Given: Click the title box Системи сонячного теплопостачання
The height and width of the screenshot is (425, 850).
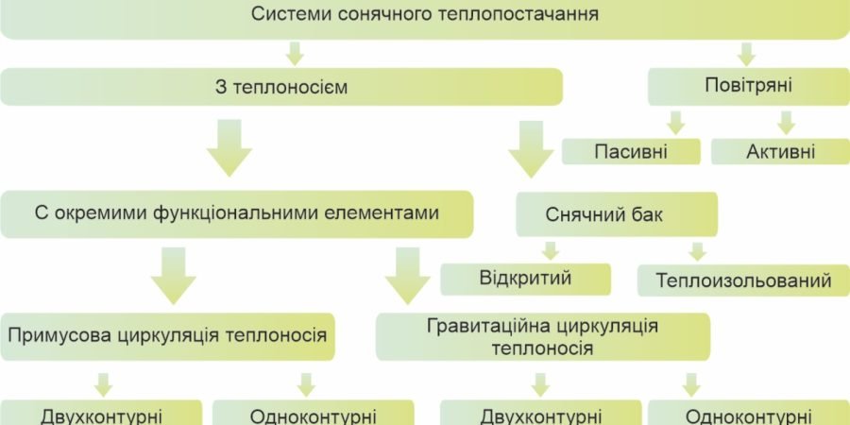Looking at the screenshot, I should pos(425,16).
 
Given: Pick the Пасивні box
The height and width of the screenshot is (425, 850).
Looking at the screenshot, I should pos(632,151).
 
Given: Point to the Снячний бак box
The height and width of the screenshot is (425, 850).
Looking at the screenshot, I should pos(618,215).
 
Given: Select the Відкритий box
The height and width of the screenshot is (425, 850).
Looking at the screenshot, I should pos(527,279).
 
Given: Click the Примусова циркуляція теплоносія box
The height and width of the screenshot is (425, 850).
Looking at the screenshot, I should pos(168,334).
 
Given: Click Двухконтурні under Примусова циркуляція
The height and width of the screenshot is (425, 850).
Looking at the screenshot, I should pos(101,414).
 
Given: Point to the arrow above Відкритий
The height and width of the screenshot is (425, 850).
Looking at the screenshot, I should pos(550,250).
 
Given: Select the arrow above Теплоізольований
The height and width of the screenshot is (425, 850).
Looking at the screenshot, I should pos(698,251).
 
